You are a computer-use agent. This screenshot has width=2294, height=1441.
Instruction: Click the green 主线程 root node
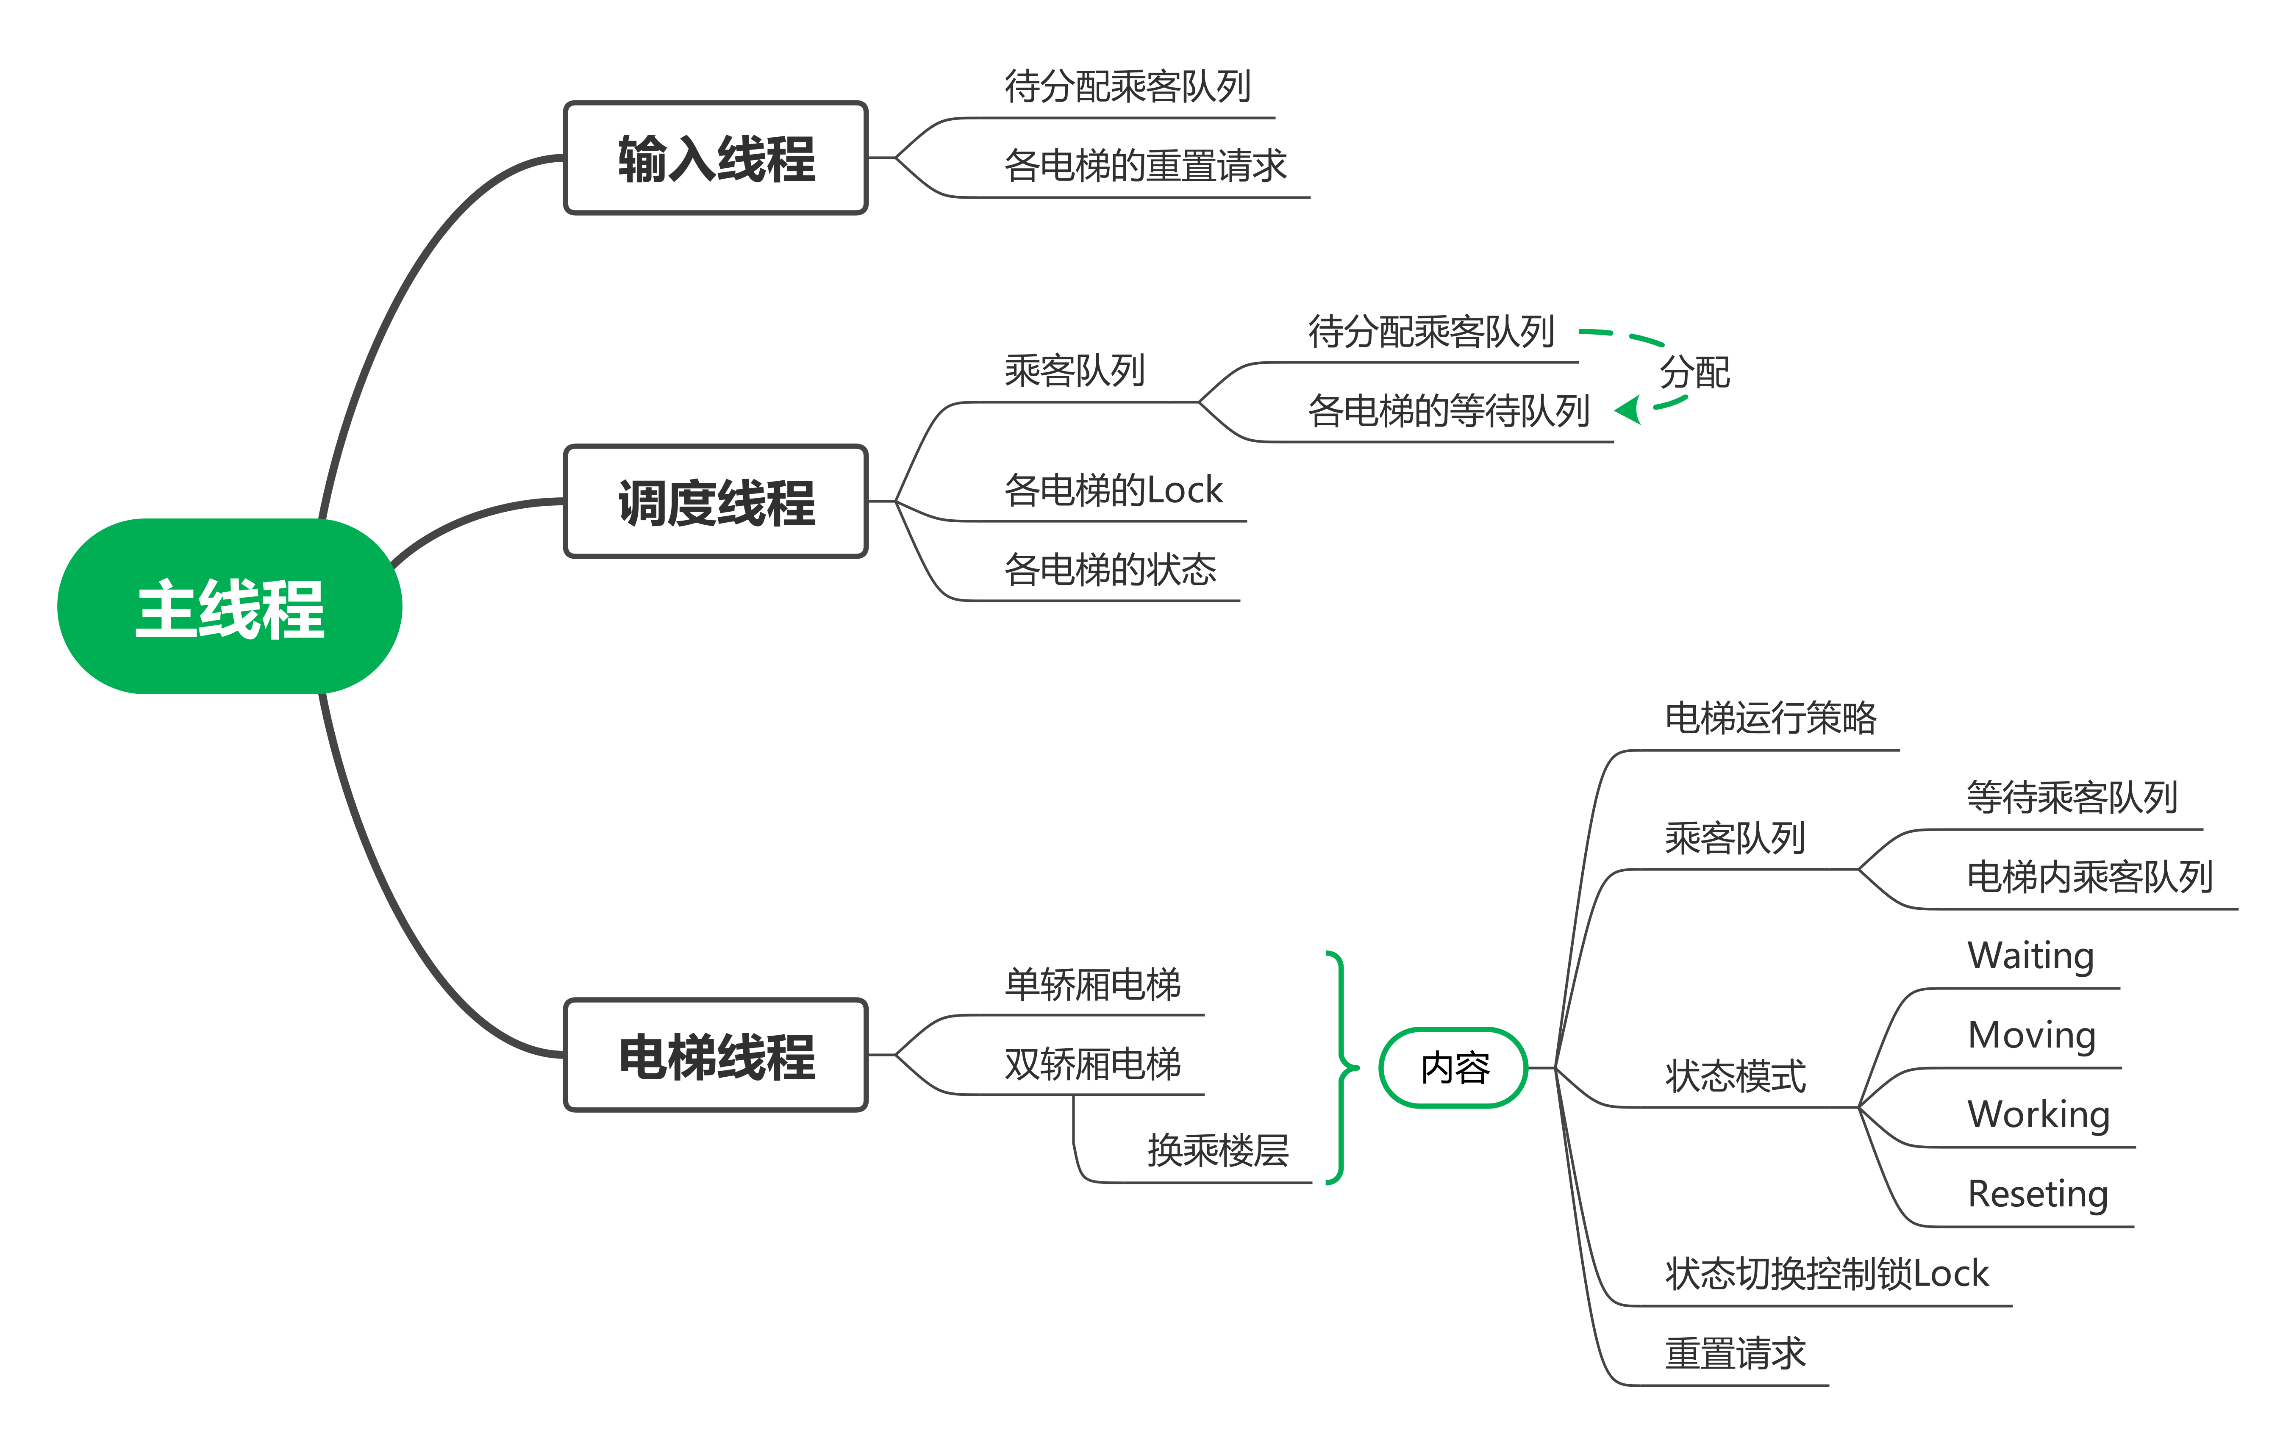coord(230,607)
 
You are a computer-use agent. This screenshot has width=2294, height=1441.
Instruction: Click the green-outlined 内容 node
coord(1454,1068)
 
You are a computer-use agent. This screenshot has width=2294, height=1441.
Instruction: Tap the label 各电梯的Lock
coord(1113,490)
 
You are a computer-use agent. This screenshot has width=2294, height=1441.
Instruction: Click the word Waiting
coord(2031,955)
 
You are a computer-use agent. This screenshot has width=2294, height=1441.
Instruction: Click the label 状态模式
coord(1735,1076)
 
